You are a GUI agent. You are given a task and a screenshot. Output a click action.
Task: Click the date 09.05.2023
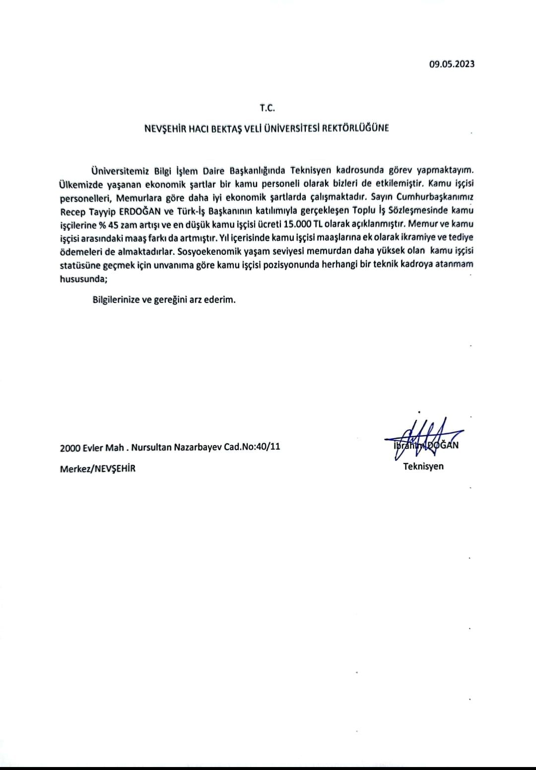tap(452, 64)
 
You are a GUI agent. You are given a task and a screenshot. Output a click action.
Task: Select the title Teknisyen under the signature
tap(423, 466)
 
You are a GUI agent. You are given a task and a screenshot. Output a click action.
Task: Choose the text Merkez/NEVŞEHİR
tap(98, 468)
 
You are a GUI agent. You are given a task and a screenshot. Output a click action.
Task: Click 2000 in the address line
tap(70, 447)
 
